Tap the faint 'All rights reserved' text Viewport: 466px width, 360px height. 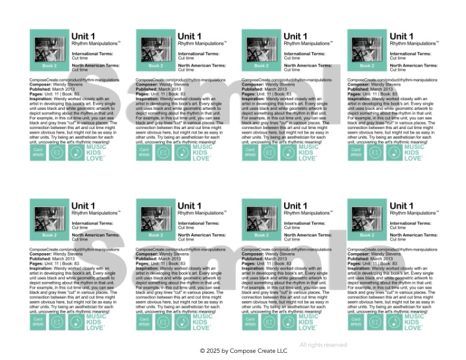[323, 345]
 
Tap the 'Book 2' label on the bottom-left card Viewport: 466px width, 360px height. [49, 235]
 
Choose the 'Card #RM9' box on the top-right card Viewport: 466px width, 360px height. [356, 152]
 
